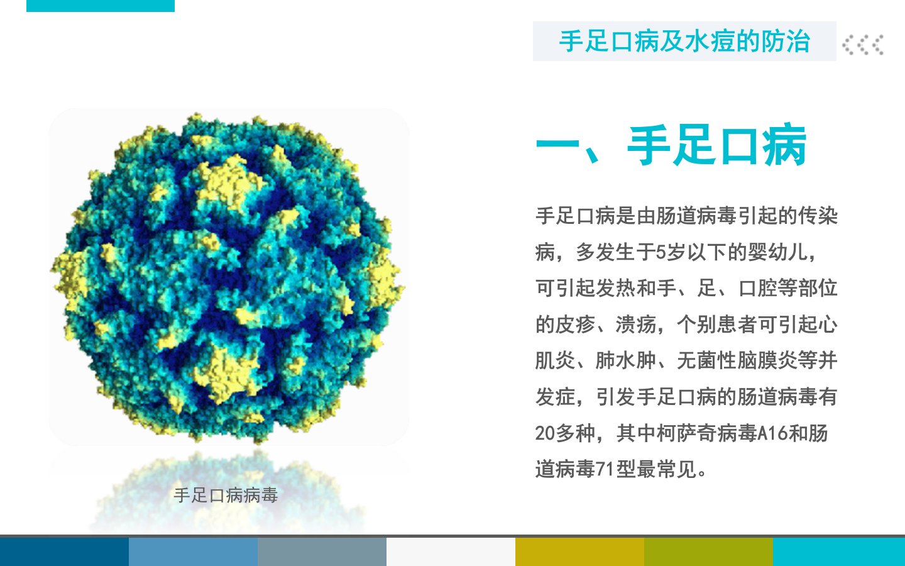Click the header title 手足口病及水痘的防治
pos(684,42)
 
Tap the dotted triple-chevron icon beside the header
pos(863,45)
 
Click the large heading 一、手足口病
pos(671,145)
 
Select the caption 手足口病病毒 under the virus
pos(226,496)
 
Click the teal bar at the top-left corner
pos(100,6)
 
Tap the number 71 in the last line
pos(606,469)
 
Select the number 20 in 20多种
pos(545,433)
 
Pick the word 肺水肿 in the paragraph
pos(625,360)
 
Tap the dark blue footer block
pos(64,552)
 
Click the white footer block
pos(451,552)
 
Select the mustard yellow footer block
pos(579,552)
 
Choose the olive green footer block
pos(709,552)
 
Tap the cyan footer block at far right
pos(839,552)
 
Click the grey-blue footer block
pos(322,552)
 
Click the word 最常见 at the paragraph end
pos(667,469)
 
